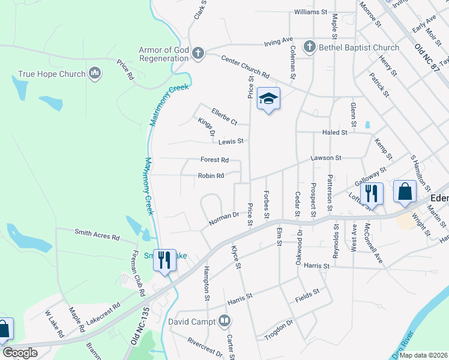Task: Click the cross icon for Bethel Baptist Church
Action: point(309,47)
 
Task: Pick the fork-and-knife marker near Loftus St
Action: point(372,194)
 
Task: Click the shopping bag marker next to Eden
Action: point(405,191)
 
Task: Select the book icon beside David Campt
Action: point(225,321)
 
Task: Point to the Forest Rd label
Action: point(214,160)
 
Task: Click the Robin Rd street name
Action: point(211,176)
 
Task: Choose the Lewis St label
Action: point(231,142)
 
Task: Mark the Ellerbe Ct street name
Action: point(224,115)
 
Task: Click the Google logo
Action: point(20,353)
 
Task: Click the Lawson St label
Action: point(325,158)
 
